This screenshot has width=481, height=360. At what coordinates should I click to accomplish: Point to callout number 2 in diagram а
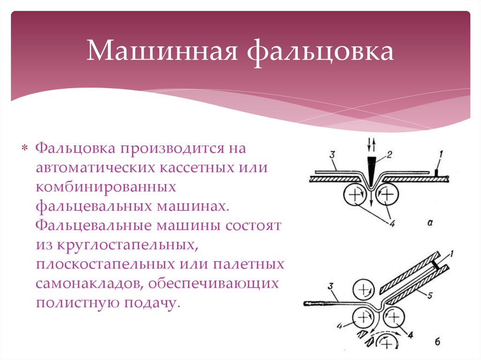[389, 154]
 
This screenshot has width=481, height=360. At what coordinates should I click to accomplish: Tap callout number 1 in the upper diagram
[441, 154]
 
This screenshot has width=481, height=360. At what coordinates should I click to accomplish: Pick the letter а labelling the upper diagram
[430, 223]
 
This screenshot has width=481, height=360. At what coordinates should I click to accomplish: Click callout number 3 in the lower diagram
[331, 286]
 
